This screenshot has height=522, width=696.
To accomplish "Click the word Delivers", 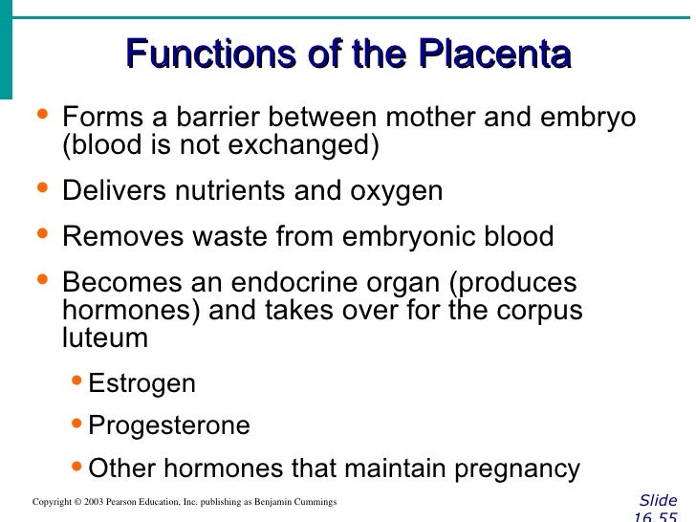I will coord(114,190).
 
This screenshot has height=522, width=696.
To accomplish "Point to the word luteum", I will coord(105,337).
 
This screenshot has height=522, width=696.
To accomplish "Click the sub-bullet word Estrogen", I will coord(141,384).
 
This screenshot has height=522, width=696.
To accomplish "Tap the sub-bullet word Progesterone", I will coord(169,425).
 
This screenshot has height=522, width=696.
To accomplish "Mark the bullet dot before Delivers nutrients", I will coord(40,187).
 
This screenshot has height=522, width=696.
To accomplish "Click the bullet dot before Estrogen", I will coord(78,382).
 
